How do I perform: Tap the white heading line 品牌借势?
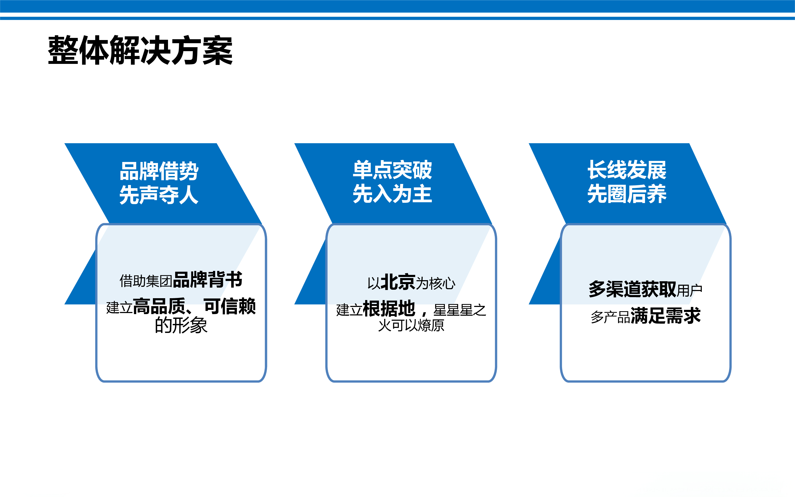point(159,171)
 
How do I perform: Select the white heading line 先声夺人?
point(159,195)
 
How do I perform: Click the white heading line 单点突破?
point(392,170)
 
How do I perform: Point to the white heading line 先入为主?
point(392,193)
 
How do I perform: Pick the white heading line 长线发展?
point(627,170)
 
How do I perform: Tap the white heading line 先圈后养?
point(627,193)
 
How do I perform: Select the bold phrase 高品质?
point(159,306)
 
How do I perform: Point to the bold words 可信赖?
point(230,306)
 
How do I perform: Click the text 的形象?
point(181,325)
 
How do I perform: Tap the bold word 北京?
point(398,282)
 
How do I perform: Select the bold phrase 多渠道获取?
point(632,289)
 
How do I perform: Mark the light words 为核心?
point(436,283)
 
